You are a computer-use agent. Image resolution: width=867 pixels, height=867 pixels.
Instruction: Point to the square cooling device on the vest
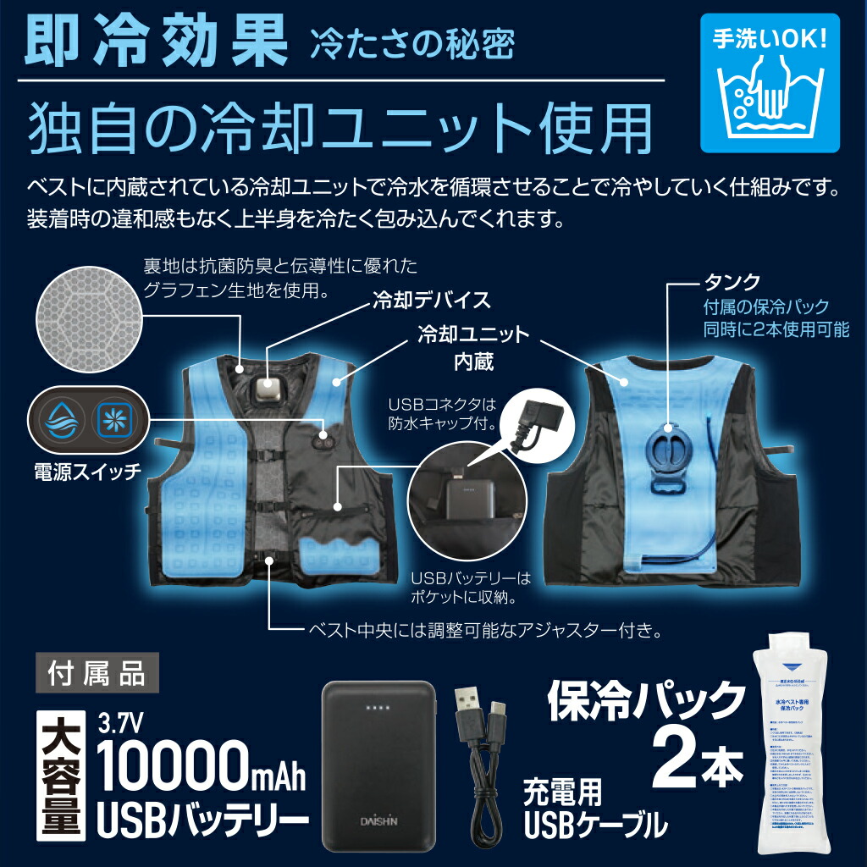point(272,391)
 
